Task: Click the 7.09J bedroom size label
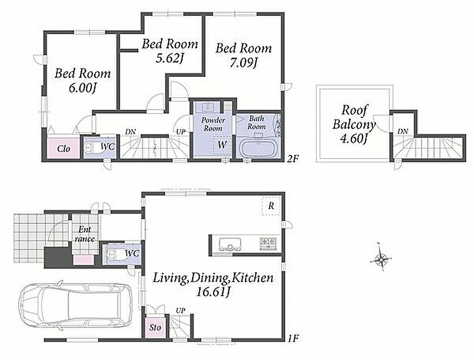tap(243, 63)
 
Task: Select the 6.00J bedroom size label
tap(82, 88)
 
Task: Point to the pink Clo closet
tap(64, 148)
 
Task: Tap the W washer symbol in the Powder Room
tap(223, 145)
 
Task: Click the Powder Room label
tap(213, 124)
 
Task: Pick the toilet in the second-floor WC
tap(91, 147)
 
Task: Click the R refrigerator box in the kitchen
tap(271, 206)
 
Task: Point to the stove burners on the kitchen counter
tap(268, 242)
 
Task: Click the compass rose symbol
tap(381, 259)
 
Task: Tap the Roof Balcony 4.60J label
tap(353, 124)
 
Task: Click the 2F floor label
tap(292, 158)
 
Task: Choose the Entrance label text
tap(85, 234)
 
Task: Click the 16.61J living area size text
tap(214, 292)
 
